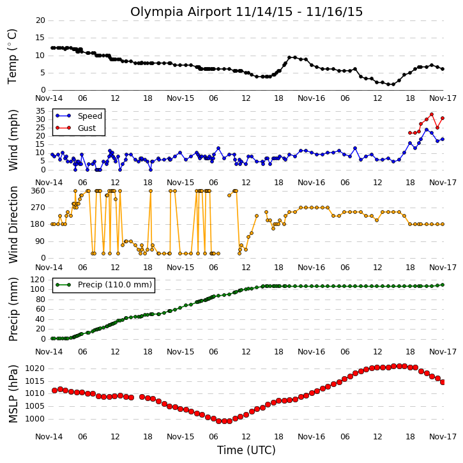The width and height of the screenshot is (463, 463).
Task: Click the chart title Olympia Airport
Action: click(x=181, y=12)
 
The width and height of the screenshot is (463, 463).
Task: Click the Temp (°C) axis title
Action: click(x=12, y=56)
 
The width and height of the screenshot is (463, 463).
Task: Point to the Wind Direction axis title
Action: click(x=13, y=225)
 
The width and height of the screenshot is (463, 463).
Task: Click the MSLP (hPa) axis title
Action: click(x=13, y=394)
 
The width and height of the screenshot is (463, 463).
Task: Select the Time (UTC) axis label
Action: click(x=247, y=450)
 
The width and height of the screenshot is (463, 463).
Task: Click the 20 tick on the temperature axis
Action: click(x=40, y=20)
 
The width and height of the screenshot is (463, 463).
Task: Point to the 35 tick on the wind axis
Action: click(x=40, y=111)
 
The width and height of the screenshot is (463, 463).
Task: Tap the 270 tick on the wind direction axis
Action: click(x=38, y=208)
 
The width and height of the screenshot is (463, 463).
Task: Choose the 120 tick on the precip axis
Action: click(x=38, y=280)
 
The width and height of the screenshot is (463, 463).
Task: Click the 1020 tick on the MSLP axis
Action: click(x=35, y=368)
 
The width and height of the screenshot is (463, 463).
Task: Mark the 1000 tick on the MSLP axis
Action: click(x=35, y=419)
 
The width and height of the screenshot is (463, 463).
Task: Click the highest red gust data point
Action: click(x=432, y=114)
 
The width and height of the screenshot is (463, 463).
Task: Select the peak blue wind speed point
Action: click(x=427, y=130)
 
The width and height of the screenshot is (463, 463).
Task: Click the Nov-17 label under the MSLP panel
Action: click(x=443, y=436)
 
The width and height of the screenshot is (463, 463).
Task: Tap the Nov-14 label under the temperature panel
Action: click(x=49, y=98)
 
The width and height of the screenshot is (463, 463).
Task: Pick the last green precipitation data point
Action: click(x=443, y=285)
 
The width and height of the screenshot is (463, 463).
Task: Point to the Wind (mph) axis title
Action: click(x=13, y=140)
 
